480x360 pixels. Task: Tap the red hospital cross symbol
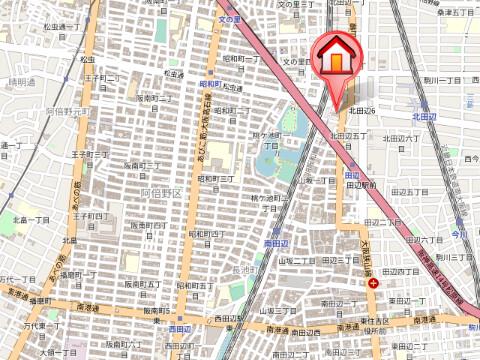tap(373, 284)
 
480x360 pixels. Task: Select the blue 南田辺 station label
tap(277, 243)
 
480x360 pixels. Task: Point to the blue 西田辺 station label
tap(180, 328)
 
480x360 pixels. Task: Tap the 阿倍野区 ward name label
tap(160, 192)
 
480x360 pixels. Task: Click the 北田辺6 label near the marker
tap(361, 110)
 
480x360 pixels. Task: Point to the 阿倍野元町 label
tap(69, 112)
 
